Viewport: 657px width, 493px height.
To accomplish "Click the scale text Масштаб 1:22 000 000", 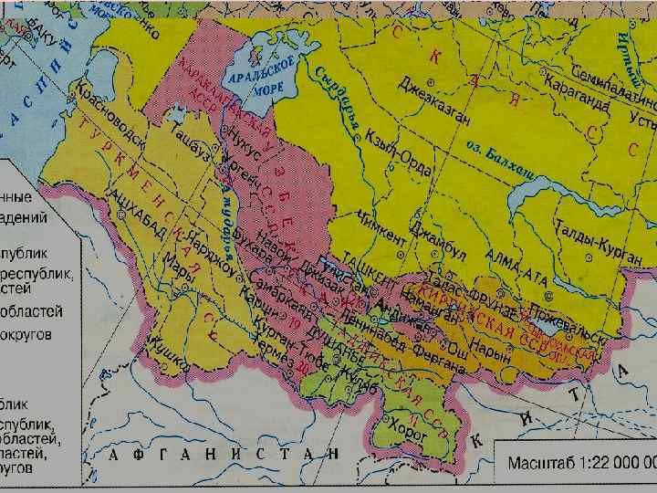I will tap(579, 463).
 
